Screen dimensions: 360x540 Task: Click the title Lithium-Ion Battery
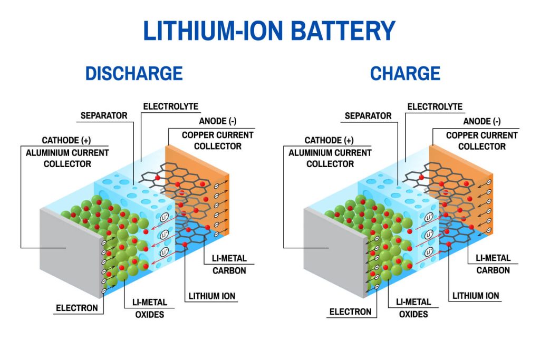point(269,31)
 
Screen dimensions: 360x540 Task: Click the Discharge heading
point(134,73)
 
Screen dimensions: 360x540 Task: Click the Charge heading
point(405,73)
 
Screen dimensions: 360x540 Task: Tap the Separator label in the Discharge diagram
point(104,115)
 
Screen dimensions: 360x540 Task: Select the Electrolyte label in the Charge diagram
point(435,106)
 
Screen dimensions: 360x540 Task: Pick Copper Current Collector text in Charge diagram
point(481,141)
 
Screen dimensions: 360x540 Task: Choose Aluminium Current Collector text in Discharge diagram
point(67,158)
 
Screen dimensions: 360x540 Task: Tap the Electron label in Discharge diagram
point(78,308)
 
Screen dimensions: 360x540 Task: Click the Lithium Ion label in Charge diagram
point(476,296)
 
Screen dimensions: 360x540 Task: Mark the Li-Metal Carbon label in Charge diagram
point(493,264)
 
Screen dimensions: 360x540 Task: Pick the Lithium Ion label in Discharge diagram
point(212,296)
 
